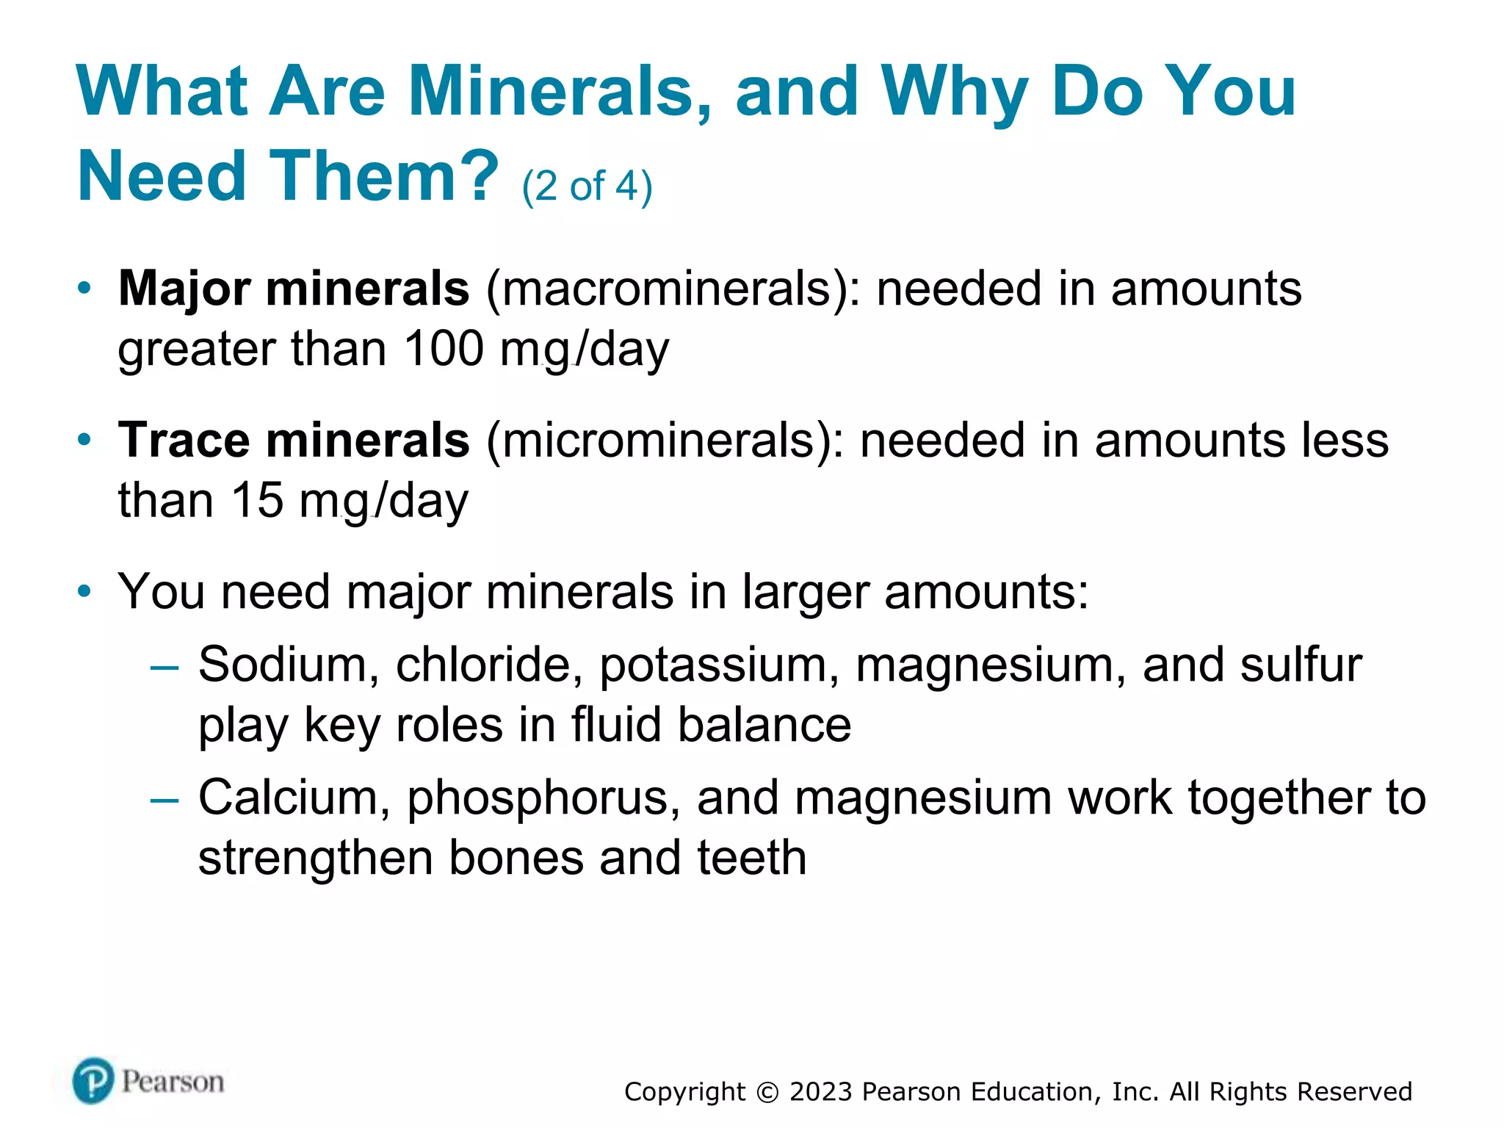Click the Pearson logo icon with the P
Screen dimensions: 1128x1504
[93, 1081]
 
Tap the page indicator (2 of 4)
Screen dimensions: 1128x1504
[587, 186]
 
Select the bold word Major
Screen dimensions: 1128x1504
[184, 288]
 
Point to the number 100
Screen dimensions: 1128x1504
[444, 348]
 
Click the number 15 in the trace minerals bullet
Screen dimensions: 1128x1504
[257, 500]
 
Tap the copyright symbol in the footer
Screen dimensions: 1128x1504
[767, 1092]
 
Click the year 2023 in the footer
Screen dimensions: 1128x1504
[821, 1092]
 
